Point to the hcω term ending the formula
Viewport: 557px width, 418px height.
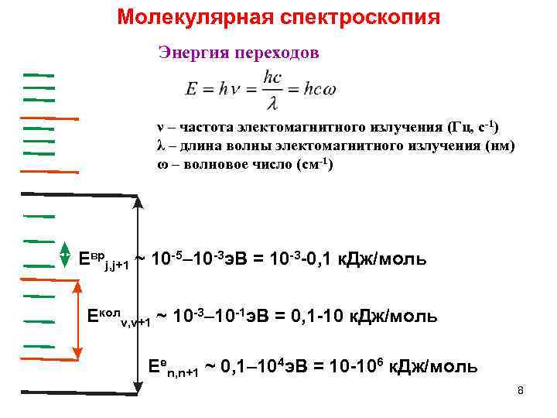tap(320, 90)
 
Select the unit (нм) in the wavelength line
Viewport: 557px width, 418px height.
tap(498, 146)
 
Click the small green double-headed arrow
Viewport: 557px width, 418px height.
tap(65, 253)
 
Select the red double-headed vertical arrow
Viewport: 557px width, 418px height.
tap(77, 321)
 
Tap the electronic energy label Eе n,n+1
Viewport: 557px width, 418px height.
tap(174, 368)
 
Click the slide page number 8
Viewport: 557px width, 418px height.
tap(521, 390)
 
